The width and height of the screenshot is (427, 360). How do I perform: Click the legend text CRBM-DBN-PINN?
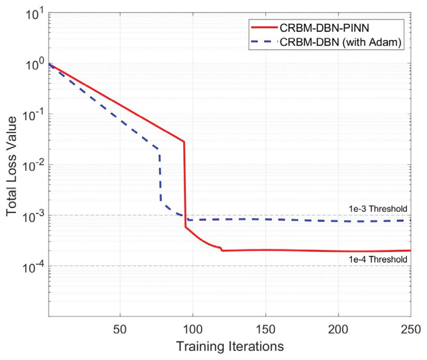tap(324, 28)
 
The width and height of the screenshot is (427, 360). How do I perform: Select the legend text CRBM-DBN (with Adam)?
tap(341, 42)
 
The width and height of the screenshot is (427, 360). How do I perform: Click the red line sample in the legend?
tap(264, 27)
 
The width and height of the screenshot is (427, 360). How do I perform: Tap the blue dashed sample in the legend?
tap(264, 42)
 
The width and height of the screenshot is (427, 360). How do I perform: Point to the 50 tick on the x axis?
tap(120, 329)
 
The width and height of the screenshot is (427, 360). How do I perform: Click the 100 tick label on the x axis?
tap(193, 329)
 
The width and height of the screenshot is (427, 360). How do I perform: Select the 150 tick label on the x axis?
tap(266, 329)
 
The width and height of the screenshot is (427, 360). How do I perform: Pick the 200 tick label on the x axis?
tap(338, 329)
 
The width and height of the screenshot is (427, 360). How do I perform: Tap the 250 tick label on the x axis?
tap(410, 329)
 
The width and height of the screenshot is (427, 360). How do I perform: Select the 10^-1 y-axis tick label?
tap(33, 115)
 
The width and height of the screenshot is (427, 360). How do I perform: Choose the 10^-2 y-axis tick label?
tap(33, 166)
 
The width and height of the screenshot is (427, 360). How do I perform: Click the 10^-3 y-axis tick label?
tap(33, 217)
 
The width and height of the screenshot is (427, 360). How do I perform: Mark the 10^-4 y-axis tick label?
tap(33, 267)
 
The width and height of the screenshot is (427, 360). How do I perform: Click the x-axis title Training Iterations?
tap(230, 347)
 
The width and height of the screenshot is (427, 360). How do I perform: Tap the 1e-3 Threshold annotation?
tap(378, 209)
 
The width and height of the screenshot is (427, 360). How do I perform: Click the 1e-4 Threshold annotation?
tap(378, 259)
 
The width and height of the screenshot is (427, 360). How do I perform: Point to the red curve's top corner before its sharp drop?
tap(184, 141)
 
